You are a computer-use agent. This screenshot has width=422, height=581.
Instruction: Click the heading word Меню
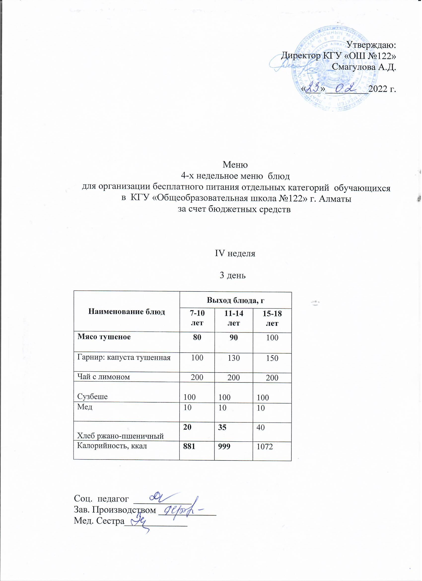click(x=235, y=165)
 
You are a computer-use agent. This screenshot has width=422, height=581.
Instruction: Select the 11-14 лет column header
click(x=234, y=318)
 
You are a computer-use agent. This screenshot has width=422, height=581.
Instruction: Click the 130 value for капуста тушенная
click(x=233, y=358)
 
